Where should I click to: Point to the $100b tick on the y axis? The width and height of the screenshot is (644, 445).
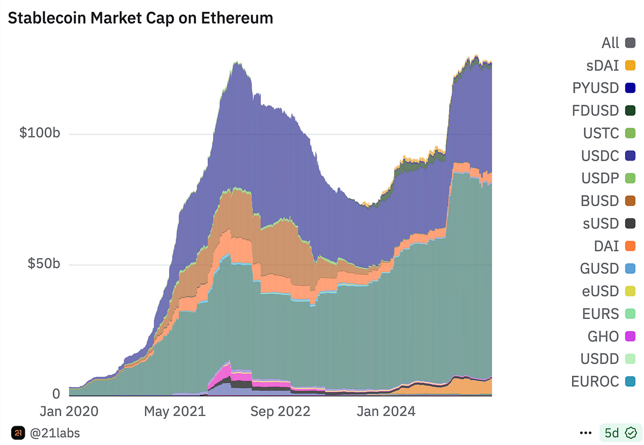[40, 133]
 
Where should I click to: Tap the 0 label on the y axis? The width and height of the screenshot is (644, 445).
[56, 394]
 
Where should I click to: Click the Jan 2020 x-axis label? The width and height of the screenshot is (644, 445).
[69, 412]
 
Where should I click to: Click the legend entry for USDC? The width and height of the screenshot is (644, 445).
[600, 156]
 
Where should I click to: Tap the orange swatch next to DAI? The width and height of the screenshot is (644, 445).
[630, 246]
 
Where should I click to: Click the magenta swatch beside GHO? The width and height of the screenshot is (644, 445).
[630, 337]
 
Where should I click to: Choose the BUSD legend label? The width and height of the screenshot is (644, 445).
[599, 201]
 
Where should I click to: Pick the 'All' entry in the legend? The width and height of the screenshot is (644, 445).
[610, 43]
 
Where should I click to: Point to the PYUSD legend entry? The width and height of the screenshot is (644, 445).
[596, 88]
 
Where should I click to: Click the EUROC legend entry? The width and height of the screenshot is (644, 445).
[595, 382]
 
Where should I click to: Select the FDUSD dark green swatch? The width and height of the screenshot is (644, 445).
[630, 111]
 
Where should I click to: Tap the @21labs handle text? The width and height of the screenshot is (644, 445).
[54, 432]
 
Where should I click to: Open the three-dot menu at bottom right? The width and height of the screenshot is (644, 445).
[586, 432]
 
